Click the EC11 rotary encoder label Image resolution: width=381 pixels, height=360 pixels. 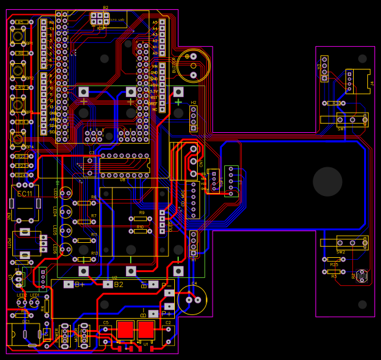click(25, 194)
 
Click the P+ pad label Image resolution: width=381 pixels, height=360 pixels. click(166, 313)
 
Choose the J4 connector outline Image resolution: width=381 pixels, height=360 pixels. click(358, 81)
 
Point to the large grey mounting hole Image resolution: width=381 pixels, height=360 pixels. click(328, 182)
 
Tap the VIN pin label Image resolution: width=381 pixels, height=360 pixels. click(154, 66)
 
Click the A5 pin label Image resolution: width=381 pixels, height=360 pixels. click(155, 22)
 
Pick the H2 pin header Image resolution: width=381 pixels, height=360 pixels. click(194, 117)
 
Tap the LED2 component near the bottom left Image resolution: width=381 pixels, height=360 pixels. click(22, 302)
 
